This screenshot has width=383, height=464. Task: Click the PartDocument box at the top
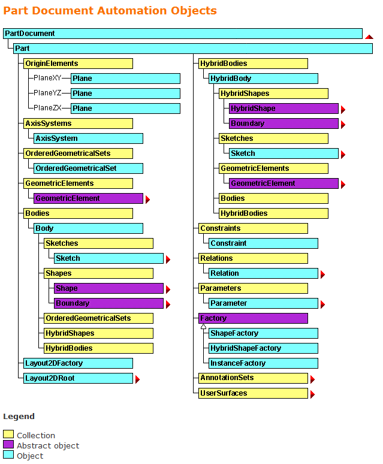[x=120, y=34]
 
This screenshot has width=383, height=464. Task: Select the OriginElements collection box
[x=78, y=63]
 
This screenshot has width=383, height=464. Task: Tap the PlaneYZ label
[x=47, y=93]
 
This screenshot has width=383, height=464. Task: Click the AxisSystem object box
[x=88, y=138]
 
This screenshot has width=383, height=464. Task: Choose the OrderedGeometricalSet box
[x=88, y=168]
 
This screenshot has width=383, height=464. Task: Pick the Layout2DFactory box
[x=78, y=363]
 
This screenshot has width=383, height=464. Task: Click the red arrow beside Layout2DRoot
[x=137, y=379]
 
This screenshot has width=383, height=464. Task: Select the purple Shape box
[x=108, y=288]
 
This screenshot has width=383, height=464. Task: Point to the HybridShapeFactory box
[x=263, y=348]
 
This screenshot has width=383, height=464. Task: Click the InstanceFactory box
[x=263, y=363]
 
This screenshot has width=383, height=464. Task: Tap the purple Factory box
[x=253, y=318]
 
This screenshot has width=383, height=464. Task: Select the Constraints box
[x=253, y=228]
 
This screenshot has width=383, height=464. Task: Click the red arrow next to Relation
[x=323, y=275]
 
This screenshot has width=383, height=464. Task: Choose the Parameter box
[x=263, y=303]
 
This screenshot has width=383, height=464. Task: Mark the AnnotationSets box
[x=253, y=378]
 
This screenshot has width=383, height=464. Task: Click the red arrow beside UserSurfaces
[x=312, y=394]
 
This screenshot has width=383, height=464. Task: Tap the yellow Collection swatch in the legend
[x=8, y=435]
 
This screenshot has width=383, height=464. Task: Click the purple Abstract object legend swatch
[x=8, y=445]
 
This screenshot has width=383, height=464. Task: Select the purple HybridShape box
[x=284, y=109]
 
